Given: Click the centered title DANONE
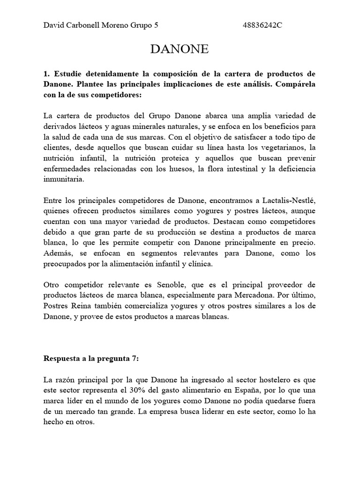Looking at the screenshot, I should (180, 50).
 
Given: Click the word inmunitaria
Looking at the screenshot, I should (64, 179).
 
